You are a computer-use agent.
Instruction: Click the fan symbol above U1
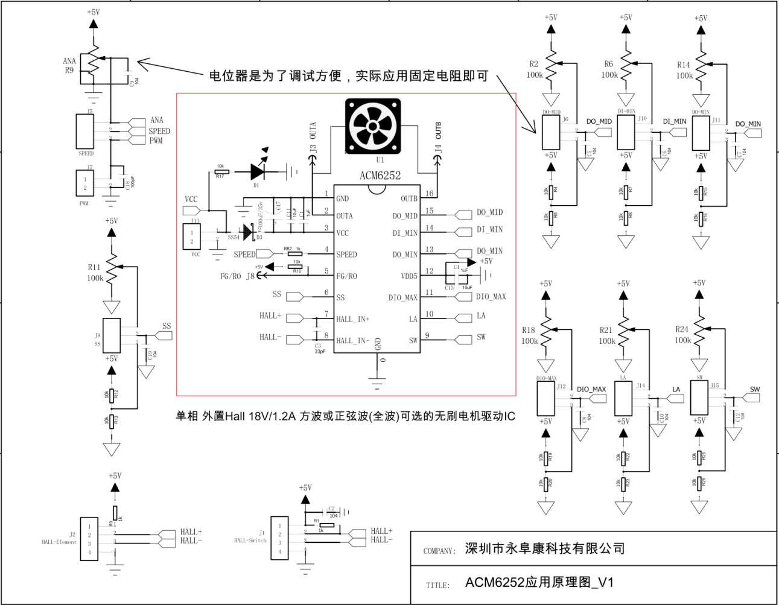(x=373, y=126)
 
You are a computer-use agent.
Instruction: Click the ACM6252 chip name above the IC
(x=380, y=176)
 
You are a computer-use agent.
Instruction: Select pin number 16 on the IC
(x=429, y=194)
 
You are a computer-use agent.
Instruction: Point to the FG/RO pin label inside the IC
(x=346, y=276)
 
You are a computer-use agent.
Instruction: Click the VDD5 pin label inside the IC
(x=409, y=276)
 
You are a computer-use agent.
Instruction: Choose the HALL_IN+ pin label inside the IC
(x=352, y=319)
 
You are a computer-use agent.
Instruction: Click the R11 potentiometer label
(x=94, y=267)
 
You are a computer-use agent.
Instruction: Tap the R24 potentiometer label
(x=682, y=329)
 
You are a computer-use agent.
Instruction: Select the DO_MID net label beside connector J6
(x=599, y=122)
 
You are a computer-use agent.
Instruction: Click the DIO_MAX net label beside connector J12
(x=591, y=389)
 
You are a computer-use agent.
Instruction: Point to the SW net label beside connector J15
(x=755, y=389)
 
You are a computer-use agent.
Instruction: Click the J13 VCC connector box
(x=192, y=236)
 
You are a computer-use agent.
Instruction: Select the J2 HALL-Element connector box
(x=89, y=539)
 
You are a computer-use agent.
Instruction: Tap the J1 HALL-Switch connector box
(x=279, y=539)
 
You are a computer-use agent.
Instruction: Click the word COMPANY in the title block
(x=439, y=551)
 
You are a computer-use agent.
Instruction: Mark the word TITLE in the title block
(x=437, y=585)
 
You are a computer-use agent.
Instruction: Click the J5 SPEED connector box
(x=85, y=131)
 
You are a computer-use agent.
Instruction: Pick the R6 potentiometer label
(x=608, y=64)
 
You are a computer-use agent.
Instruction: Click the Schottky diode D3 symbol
(x=247, y=232)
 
